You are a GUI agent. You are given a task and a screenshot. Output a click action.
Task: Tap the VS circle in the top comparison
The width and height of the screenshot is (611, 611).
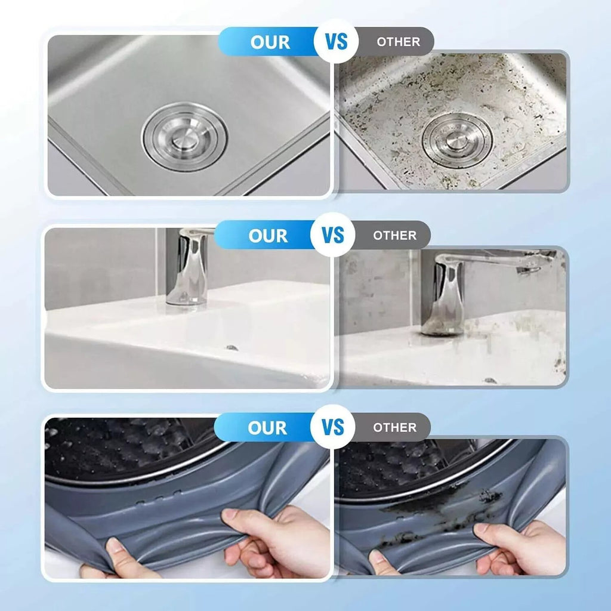tap(335, 42)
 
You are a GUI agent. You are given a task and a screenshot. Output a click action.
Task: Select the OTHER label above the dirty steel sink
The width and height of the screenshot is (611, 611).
tap(398, 42)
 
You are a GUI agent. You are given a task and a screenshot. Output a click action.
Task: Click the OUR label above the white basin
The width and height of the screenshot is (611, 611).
tap(269, 236)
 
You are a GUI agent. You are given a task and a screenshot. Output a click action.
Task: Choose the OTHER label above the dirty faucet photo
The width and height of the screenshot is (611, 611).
tap(394, 236)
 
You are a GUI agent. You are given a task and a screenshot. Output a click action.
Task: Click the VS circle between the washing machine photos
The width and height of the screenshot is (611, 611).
tap(335, 427)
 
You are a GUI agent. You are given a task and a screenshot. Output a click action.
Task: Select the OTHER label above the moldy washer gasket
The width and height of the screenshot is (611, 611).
tap(394, 428)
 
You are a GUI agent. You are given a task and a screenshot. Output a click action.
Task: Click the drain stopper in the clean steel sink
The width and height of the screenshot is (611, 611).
tap(184, 137)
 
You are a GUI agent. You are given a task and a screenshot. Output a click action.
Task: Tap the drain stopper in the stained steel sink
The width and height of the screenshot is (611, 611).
tap(456, 140)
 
